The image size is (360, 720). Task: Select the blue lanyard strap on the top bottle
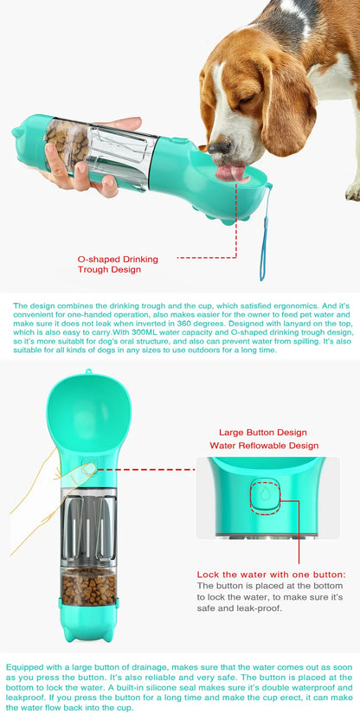(x=263, y=238)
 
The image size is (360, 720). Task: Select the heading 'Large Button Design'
(x=263, y=432)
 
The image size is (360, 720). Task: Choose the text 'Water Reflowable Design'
(x=263, y=445)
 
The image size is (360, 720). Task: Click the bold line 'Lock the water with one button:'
(x=271, y=574)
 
